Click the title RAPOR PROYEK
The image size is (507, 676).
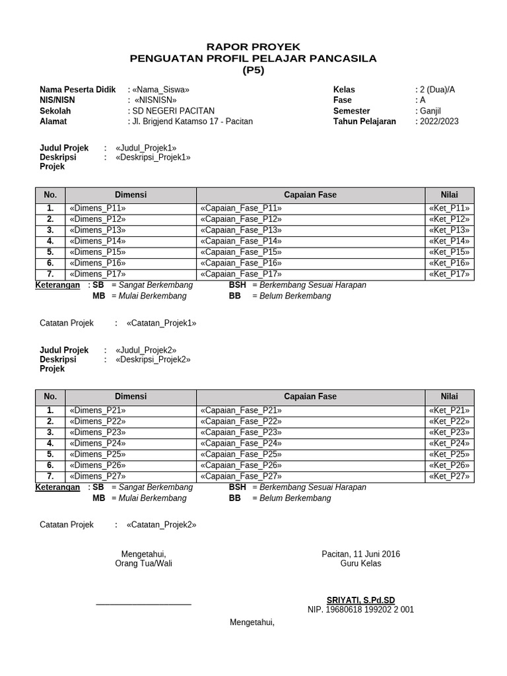coord(253,47)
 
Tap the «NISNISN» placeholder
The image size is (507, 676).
coord(154,100)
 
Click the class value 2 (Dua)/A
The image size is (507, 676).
coord(438,89)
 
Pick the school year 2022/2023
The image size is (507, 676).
coord(439,121)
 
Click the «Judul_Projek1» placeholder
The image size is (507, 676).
coord(146,148)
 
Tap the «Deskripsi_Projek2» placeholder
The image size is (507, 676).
coord(152,359)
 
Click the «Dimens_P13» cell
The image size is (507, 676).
coord(96,230)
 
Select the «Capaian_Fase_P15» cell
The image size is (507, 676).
coord(240,252)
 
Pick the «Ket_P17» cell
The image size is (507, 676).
coord(449,274)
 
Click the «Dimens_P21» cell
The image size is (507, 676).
coord(96,410)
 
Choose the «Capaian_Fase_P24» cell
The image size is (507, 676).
coord(240,443)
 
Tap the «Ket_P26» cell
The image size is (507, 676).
coord(449,465)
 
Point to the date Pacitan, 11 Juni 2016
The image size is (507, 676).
coord(360,554)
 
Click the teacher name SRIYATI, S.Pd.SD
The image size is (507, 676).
coord(360,600)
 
